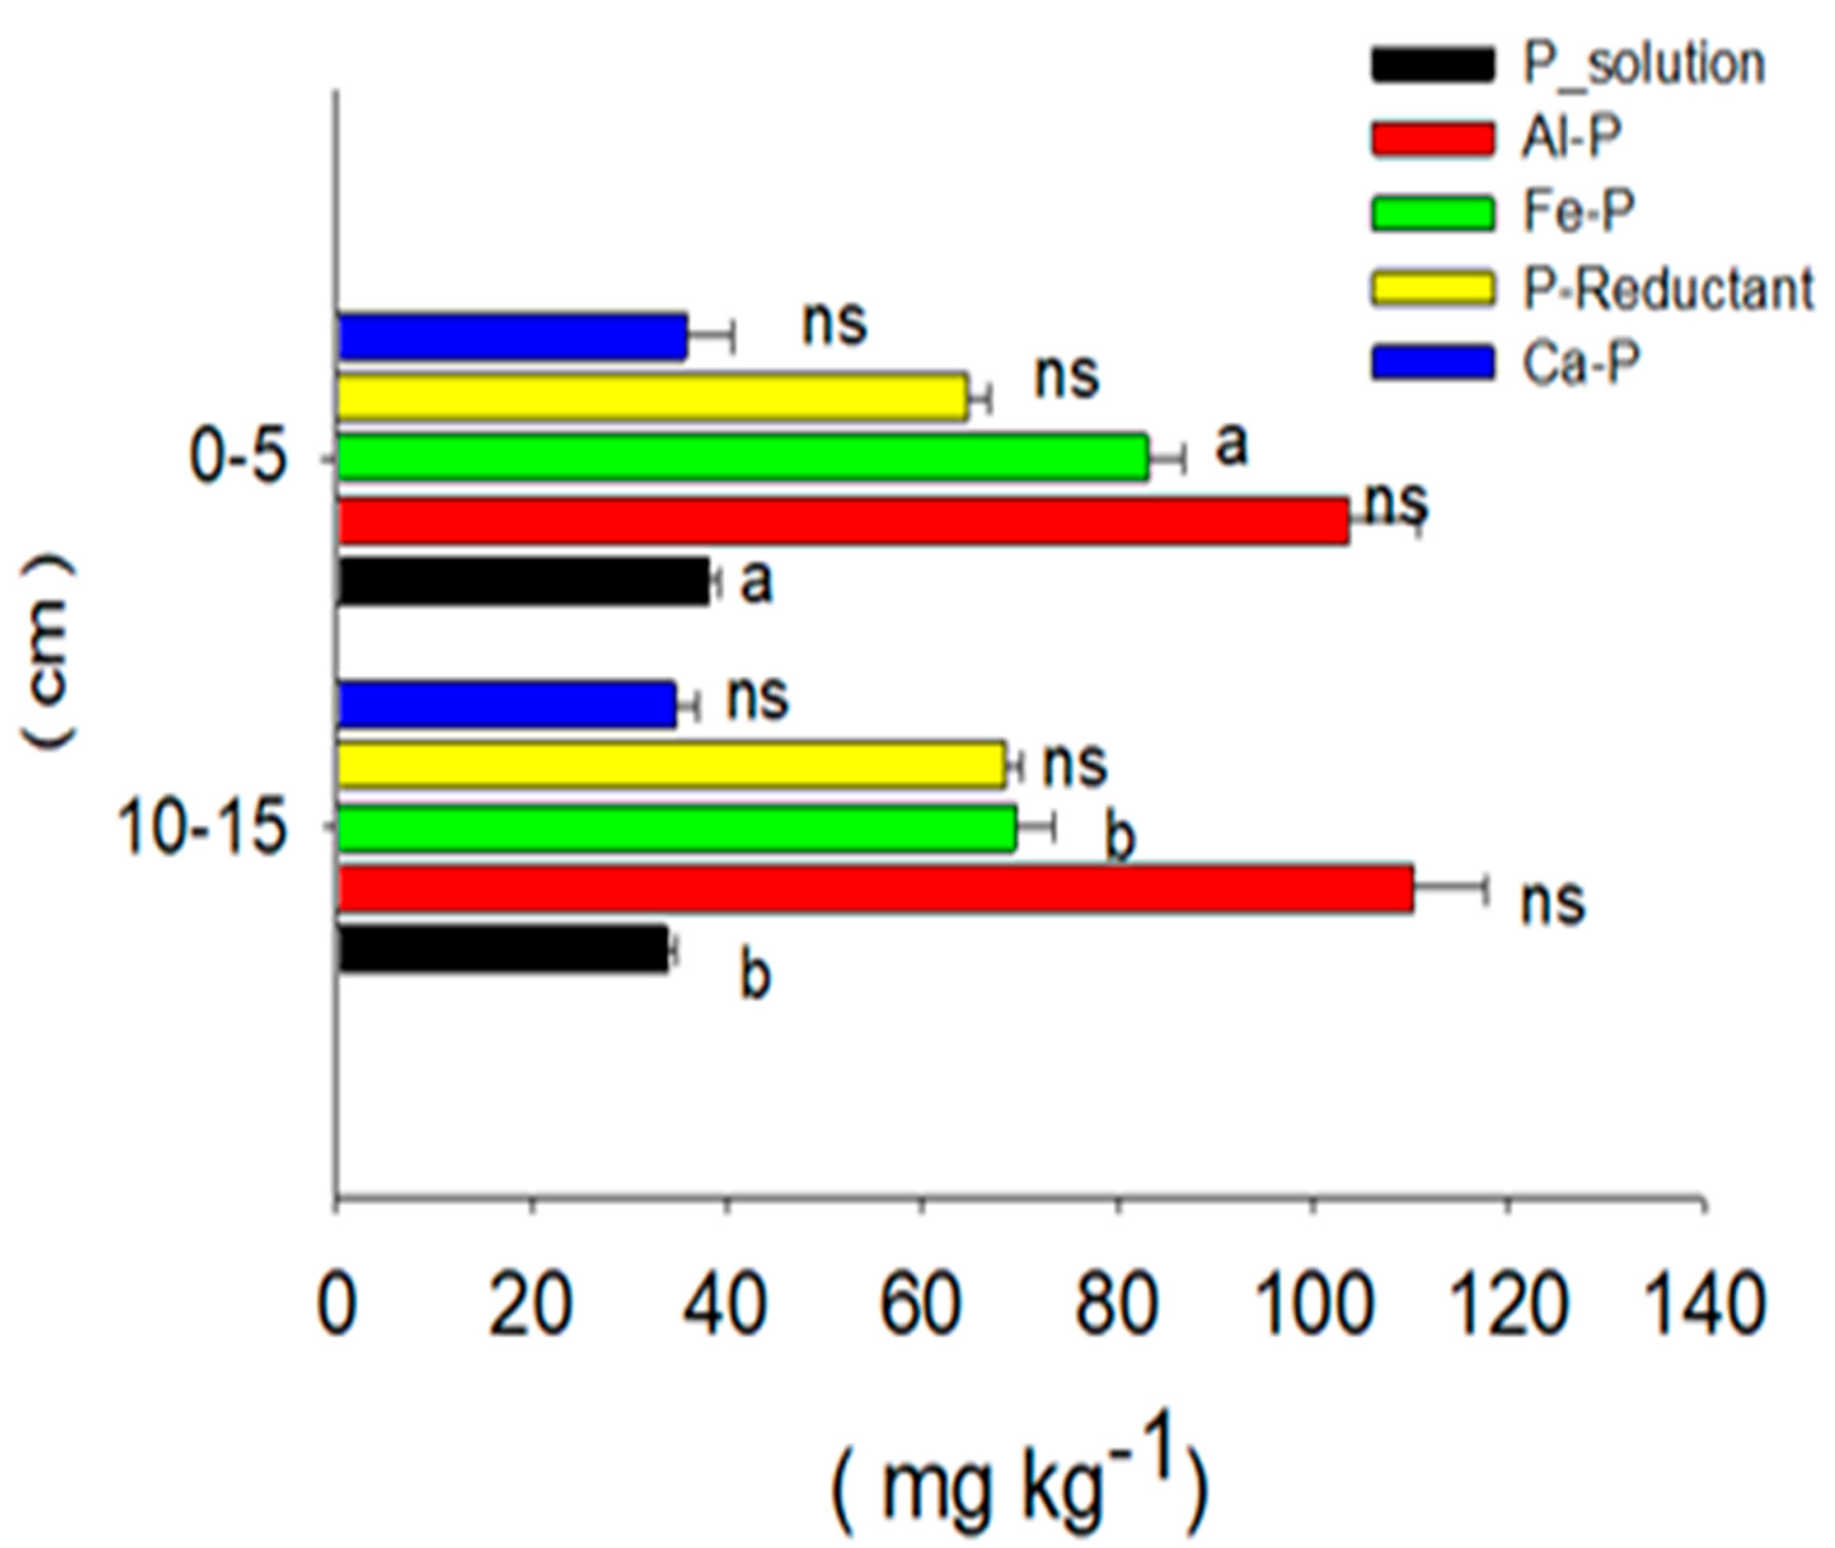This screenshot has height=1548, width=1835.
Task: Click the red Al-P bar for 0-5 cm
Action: tap(842, 521)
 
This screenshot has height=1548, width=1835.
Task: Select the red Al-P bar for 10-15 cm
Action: tap(875, 889)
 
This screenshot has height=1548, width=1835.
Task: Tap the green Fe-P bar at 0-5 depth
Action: tap(742, 456)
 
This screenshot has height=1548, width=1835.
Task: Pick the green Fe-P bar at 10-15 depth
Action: tap(677, 827)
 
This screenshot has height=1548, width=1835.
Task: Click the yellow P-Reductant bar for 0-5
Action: tap(652, 397)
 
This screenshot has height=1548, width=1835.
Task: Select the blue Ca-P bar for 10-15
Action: tap(507, 704)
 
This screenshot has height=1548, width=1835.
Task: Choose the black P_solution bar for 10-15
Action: tap(503, 949)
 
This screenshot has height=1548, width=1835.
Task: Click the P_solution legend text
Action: tap(1644, 65)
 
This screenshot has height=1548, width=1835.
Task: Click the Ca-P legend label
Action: tap(1579, 363)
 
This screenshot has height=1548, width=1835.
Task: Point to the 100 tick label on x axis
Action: tap(1313, 1306)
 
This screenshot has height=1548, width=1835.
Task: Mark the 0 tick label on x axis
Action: tap(337, 1306)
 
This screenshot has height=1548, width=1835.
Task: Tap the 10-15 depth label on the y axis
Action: tap(202, 829)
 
